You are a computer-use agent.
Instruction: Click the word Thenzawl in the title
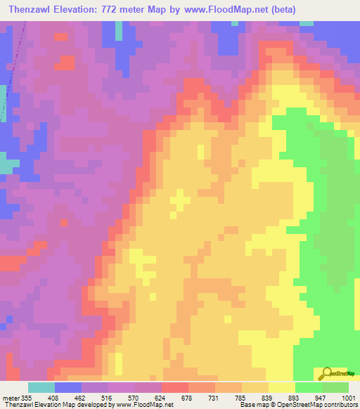34,9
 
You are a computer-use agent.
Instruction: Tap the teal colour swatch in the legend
41,387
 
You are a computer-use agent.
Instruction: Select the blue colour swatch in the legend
68,387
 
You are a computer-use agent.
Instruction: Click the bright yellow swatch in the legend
282,387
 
